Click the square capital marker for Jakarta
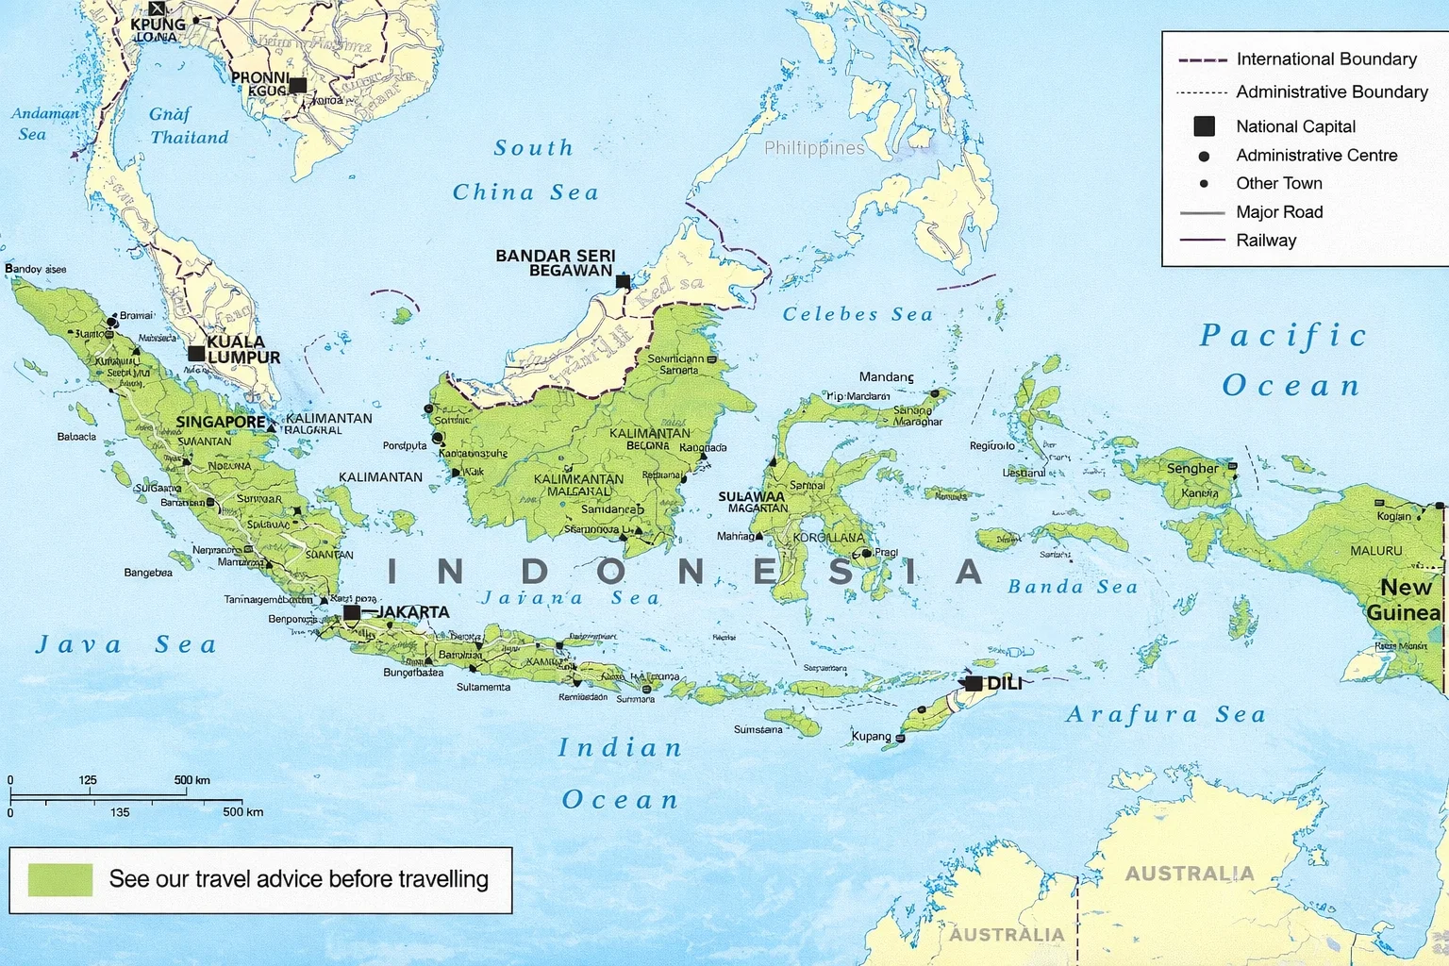(x=352, y=612)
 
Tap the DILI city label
(x=1004, y=683)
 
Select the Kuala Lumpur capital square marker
(x=196, y=354)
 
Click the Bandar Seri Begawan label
(x=556, y=263)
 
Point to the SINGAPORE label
(x=221, y=422)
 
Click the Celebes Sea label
(x=858, y=314)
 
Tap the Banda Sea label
(x=1073, y=587)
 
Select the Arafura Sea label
(x=1165, y=714)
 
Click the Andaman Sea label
(x=42, y=124)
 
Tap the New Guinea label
(x=1405, y=600)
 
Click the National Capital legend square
(x=1204, y=126)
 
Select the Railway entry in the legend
(x=1266, y=241)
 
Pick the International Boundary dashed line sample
(x=1202, y=59)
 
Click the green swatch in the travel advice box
(x=60, y=879)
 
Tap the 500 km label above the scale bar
(x=192, y=780)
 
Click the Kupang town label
(x=871, y=736)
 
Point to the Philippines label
(x=813, y=148)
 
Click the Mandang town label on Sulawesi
(x=886, y=377)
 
